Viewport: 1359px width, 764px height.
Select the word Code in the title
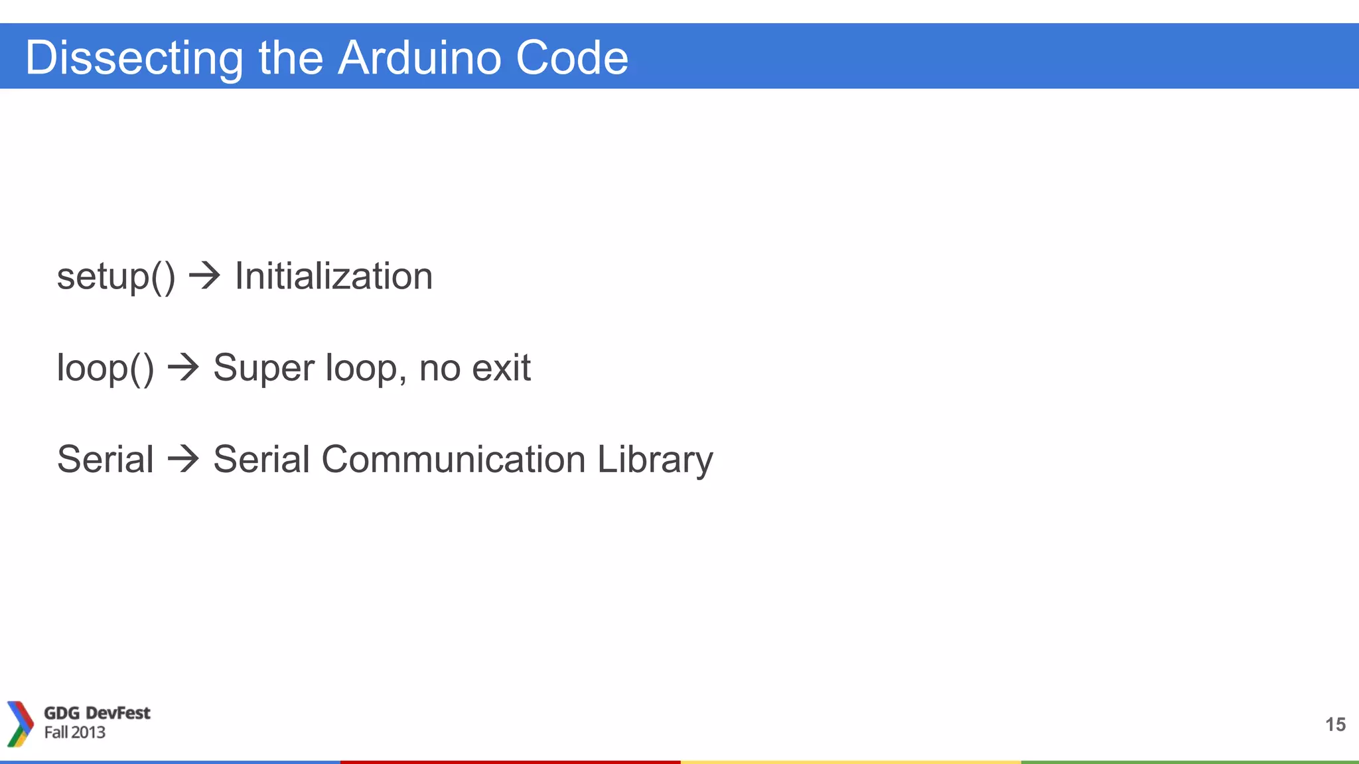coord(571,57)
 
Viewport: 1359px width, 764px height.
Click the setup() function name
coord(116,277)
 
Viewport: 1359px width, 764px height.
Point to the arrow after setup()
coord(204,276)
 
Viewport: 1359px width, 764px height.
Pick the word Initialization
coord(334,276)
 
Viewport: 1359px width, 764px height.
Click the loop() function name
coord(105,368)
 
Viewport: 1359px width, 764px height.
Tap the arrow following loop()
coord(183,367)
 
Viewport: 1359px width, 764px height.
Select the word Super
coord(263,368)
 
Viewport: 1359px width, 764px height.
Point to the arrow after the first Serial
coord(183,459)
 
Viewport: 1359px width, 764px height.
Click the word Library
coord(655,460)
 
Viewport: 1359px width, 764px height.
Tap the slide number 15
coord(1335,724)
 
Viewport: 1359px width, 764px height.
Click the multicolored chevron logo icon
coord(20,724)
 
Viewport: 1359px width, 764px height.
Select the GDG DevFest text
coord(97,713)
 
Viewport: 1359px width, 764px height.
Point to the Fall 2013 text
coord(74,732)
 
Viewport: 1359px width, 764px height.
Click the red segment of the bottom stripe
coord(510,762)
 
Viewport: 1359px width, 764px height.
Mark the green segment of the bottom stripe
coord(1190,762)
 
